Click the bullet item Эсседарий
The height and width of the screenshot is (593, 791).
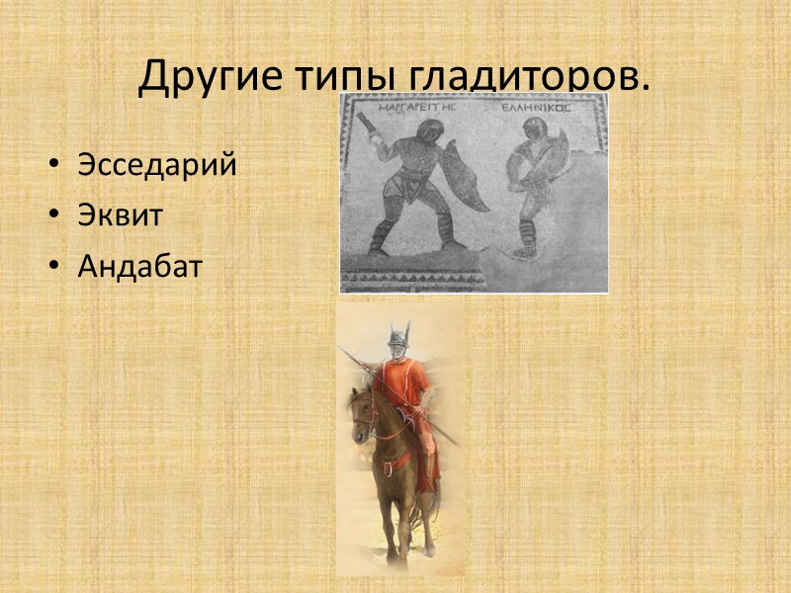click(x=157, y=165)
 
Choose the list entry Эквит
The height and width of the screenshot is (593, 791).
click(x=120, y=215)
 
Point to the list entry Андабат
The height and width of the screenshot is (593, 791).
click(x=139, y=266)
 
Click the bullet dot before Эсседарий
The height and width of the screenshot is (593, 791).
click(x=54, y=165)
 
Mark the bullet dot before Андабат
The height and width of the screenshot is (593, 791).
click(x=54, y=266)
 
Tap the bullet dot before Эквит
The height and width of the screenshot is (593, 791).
click(x=54, y=215)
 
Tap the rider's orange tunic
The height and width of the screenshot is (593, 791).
click(x=406, y=390)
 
